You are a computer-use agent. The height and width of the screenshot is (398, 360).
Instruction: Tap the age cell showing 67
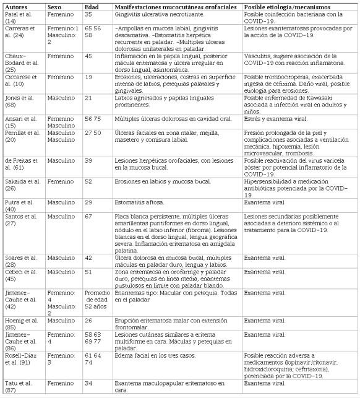click(x=88, y=215)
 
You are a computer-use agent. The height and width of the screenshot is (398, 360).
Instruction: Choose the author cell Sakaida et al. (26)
click(x=21, y=184)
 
